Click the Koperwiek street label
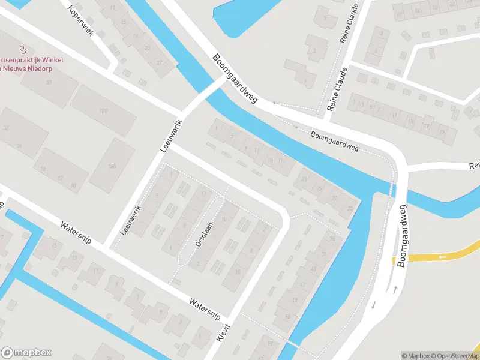coord(81,20)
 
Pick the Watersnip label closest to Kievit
coord(205,308)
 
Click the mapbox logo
coord(26,353)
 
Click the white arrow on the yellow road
coord(443,257)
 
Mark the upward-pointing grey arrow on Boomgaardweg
coord(395,289)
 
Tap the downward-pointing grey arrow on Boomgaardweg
coord(373,305)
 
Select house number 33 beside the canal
coord(350,208)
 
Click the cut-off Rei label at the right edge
coord(475,166)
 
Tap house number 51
coord(295,299)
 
